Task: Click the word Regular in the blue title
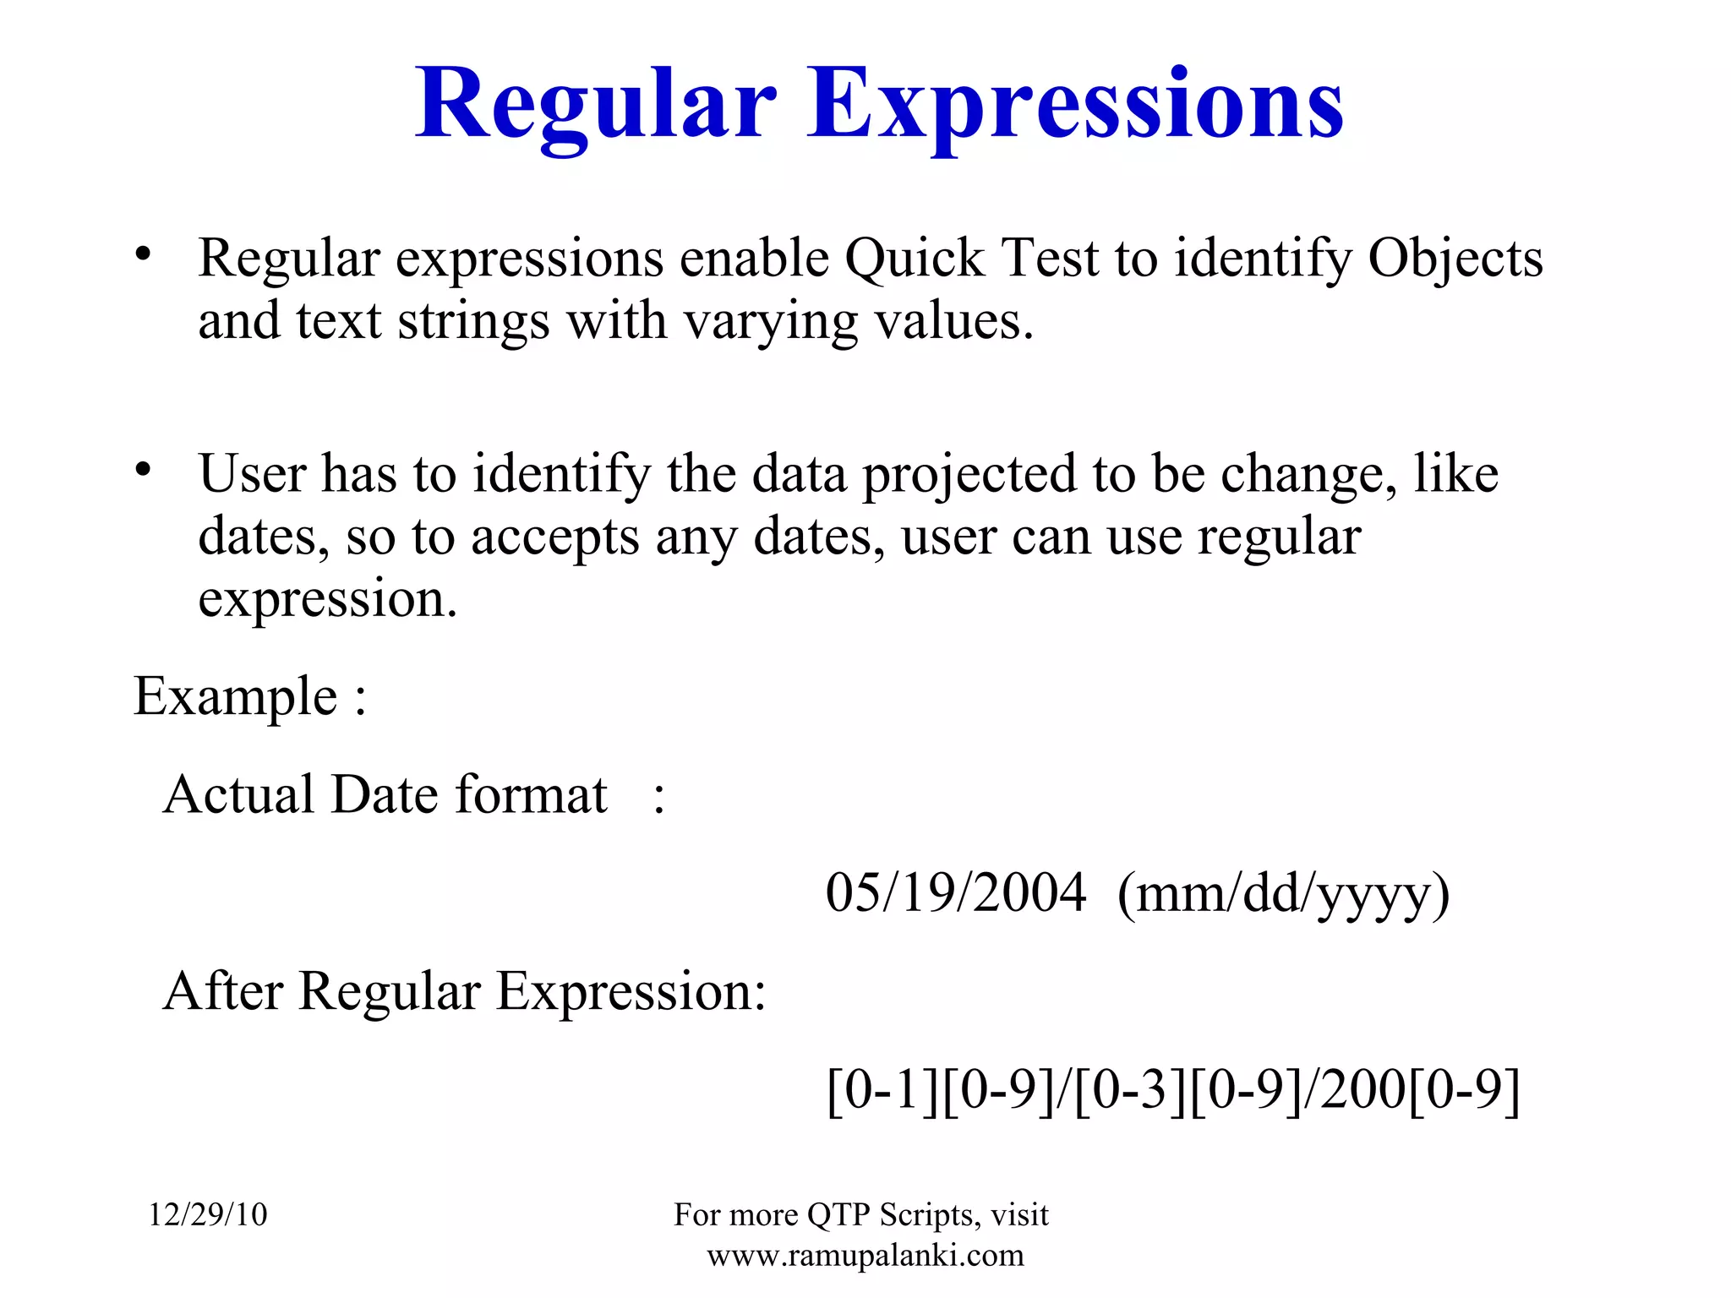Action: click(595, 105)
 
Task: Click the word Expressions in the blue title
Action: click(1074, 105)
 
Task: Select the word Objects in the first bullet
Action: click(1455, 258)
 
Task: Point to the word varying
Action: click(770, 322)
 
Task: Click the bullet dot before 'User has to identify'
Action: click(143, 468)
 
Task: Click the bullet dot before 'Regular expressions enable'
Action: click(143, 253)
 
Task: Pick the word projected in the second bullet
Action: click(969, 475)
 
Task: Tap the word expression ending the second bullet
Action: click(326, 600)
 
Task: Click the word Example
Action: click(236, 697)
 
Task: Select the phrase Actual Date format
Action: click(385, 795)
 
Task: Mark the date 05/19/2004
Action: click(955, 893)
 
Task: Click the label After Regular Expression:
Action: click(464, 991)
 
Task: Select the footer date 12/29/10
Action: click(208, 1215)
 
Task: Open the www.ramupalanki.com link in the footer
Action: click(865, 1256)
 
